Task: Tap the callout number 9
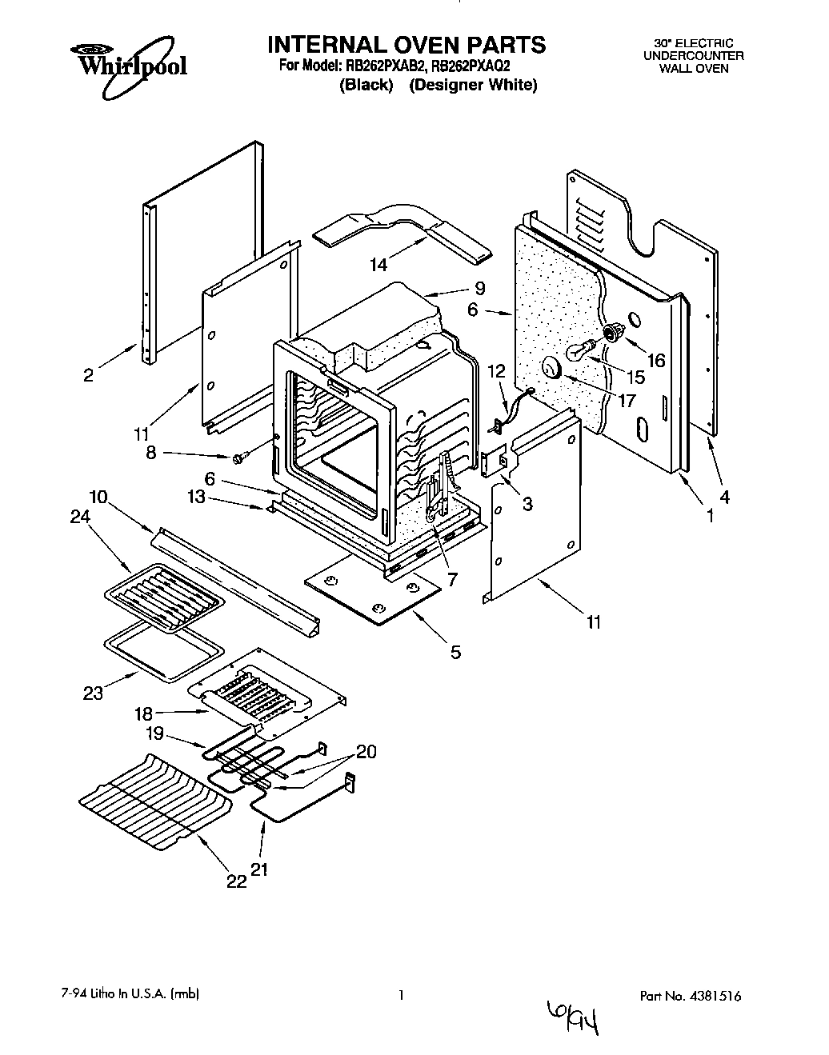(479, 288)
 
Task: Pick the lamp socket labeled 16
(614, 332)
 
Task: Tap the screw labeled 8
(238, 458)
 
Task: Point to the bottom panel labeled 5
(374, 597)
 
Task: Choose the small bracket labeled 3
(495, 462)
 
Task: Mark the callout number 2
(88, 374)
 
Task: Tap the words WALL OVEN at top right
(694, 68)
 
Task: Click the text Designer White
(473, 85)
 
